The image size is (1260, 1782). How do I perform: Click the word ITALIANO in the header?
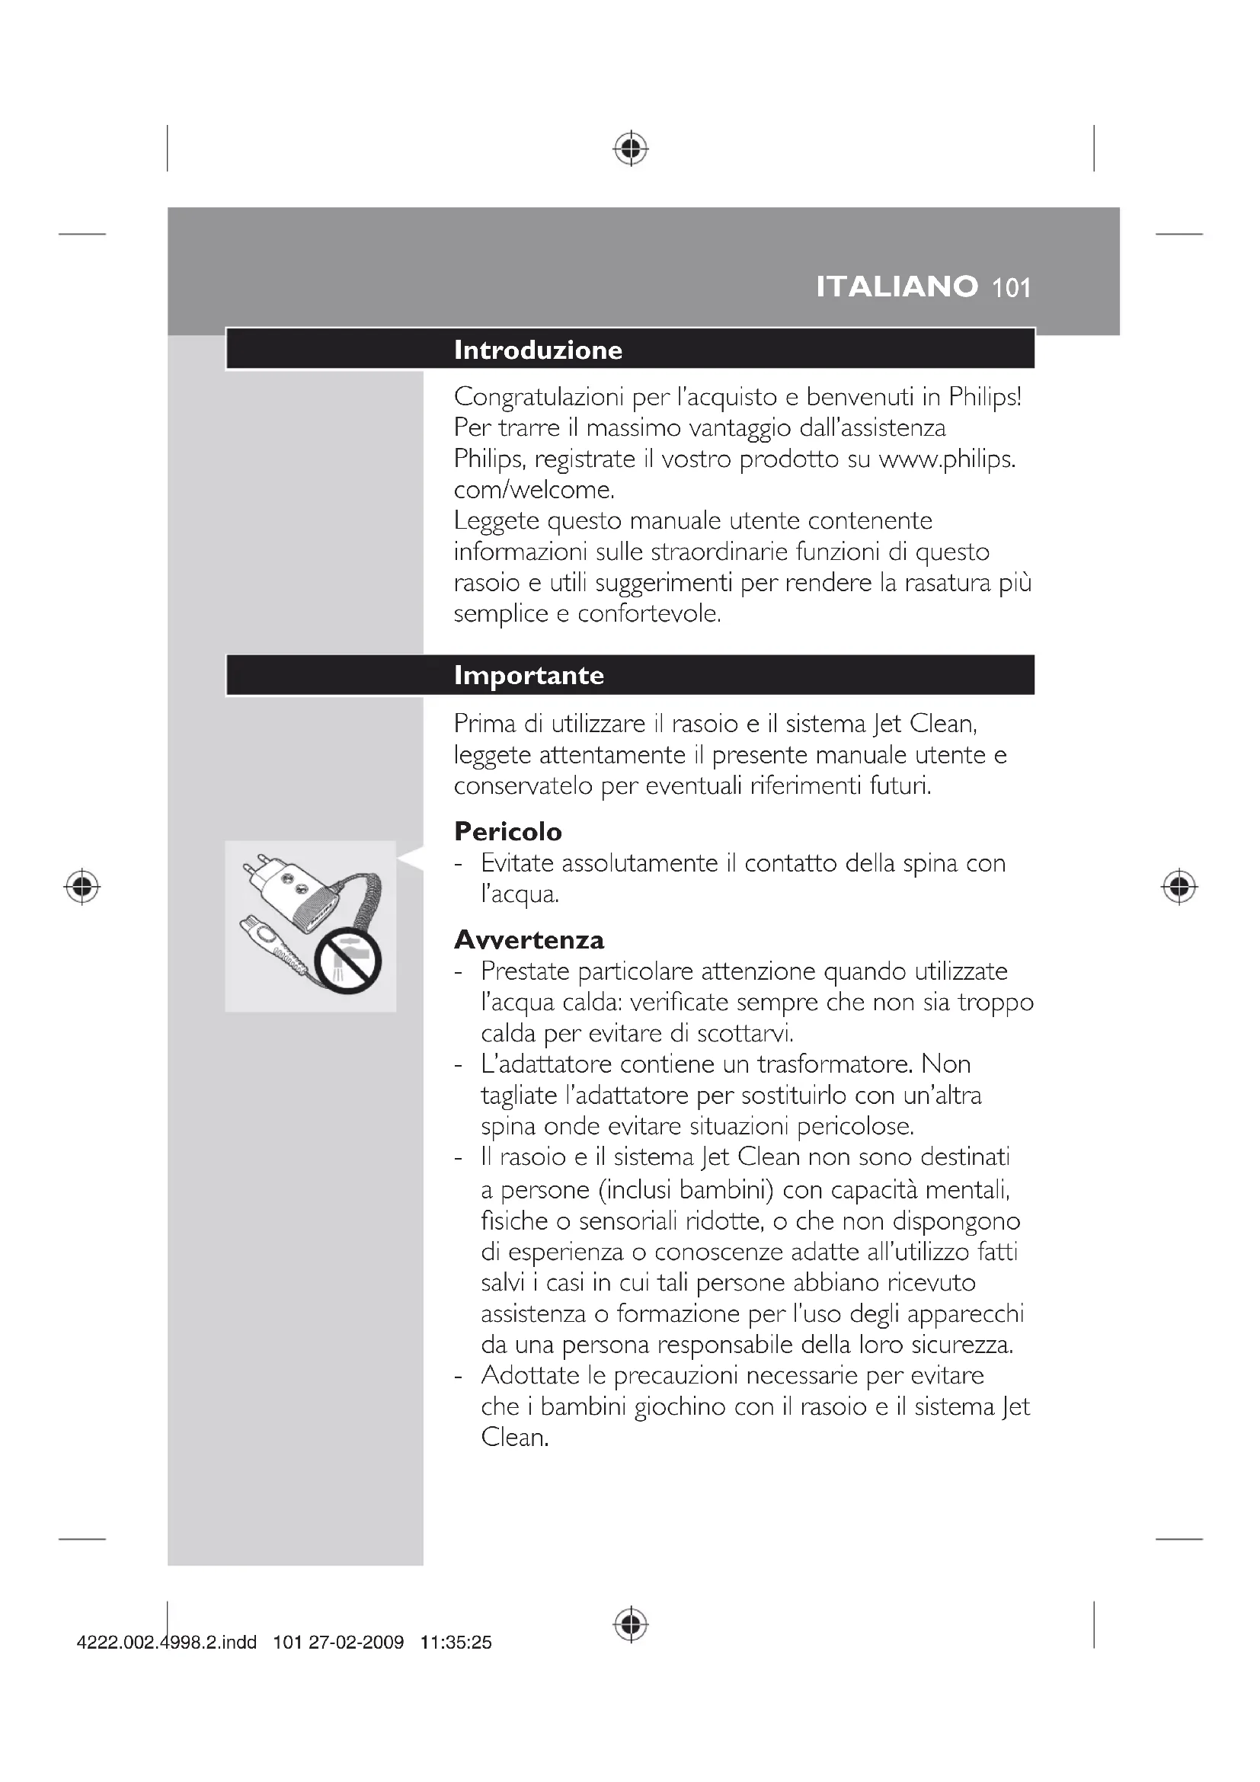(896, 287)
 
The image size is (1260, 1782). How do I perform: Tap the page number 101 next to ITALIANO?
(1012, 289)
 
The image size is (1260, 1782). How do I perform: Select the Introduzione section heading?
(538, 350)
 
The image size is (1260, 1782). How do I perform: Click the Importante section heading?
(529, 675)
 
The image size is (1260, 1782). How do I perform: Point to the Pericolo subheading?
(507, 832)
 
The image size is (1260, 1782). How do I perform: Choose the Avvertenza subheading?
(529, 940)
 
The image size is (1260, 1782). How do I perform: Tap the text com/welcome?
(534, 490)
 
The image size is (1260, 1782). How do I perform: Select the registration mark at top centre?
(631, 148)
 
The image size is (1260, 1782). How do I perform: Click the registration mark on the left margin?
(82, 886)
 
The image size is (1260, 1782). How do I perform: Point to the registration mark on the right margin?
(1178, 886)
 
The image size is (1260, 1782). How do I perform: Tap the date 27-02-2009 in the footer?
(356, 1643)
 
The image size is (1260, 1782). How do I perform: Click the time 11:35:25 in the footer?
(456, 1643)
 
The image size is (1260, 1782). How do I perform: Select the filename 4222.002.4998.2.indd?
(167, 1643)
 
